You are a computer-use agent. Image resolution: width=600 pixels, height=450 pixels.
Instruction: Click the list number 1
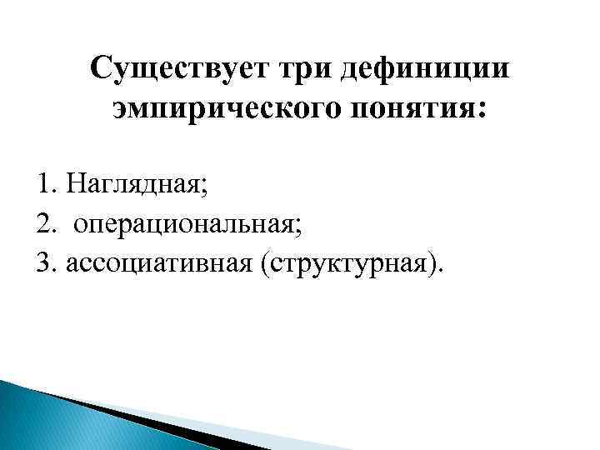pos(42,181)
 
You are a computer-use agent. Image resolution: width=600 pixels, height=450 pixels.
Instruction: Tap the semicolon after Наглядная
pos(205,184)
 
